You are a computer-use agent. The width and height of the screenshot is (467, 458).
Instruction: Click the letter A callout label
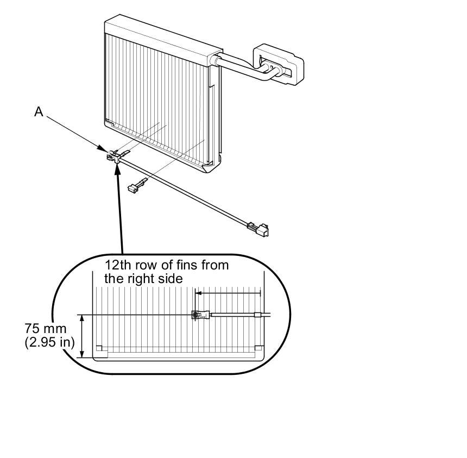(39, 112)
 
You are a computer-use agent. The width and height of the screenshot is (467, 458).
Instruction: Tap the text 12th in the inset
(116, 266)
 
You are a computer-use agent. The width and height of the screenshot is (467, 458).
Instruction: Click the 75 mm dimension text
(46, 329)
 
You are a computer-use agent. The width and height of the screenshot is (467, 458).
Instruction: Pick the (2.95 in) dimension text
(49, 343)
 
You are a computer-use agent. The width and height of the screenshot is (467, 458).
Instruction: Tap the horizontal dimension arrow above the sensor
(228, 293)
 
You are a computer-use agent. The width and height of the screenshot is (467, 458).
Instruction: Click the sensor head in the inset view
(198, 315)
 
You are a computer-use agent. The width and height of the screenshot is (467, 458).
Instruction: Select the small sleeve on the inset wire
(257, 315)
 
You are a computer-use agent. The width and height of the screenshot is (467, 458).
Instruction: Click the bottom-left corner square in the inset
(99, 349)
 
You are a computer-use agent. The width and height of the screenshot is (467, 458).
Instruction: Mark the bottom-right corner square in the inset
(258, 349)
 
